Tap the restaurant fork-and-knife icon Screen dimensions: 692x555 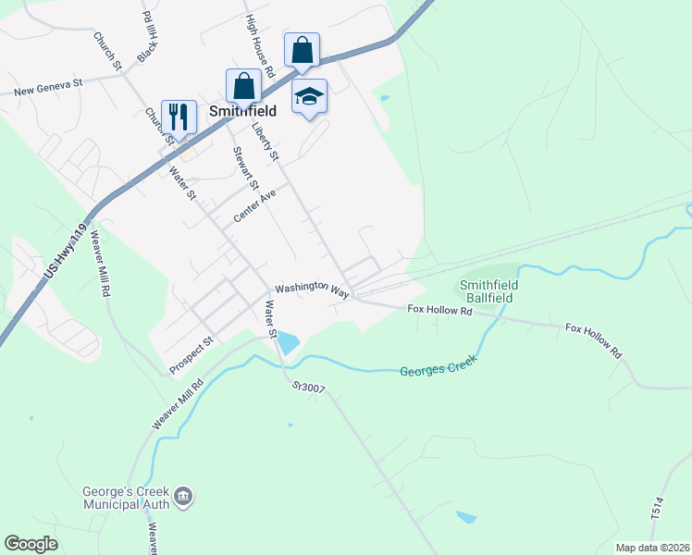coord(179,116)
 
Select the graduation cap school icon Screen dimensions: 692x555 coord(309,94)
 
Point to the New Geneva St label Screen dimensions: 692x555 coord(48,86)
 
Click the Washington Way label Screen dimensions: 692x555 coord(312,289)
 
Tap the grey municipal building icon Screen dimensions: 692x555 coord(183,497)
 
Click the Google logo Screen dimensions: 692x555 coord(31,543)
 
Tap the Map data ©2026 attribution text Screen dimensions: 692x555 coord(651,548)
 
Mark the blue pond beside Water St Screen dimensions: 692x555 coord(288,342)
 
